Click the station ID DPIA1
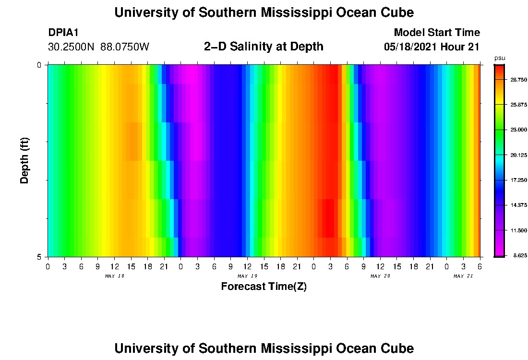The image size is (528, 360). (63, 33)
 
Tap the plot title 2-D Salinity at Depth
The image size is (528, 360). (264, 47)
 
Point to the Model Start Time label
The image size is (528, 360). (437, 33)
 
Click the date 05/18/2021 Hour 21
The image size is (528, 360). (432, 47)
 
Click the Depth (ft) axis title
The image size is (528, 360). (25, 160)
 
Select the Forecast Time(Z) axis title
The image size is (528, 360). (264, 287)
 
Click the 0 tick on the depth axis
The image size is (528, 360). (39, 65)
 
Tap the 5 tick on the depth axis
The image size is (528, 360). (39, 257)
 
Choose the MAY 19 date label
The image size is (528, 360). (247, 276)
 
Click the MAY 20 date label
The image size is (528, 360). (380, 276)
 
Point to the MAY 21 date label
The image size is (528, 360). (463, 276)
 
